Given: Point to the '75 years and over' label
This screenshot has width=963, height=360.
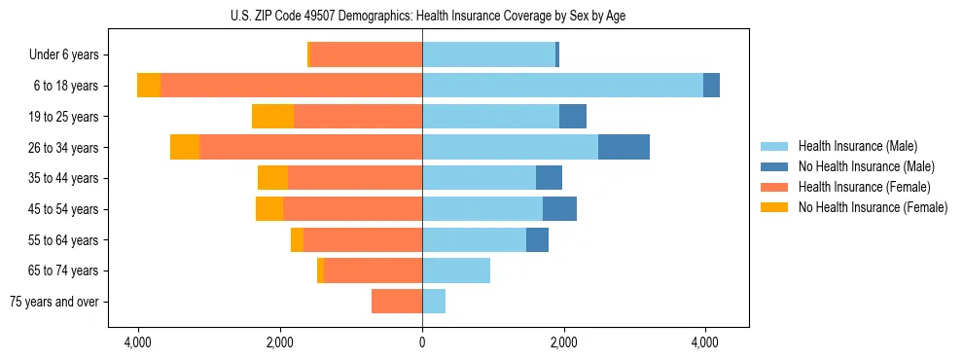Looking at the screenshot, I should [x=54, y=302].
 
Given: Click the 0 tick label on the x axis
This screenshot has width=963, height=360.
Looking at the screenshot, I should [x=422, y=342].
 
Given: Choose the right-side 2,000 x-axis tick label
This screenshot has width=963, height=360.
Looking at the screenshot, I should [x=563, y=342].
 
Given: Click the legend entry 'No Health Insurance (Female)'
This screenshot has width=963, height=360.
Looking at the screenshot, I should [x=873, y=207].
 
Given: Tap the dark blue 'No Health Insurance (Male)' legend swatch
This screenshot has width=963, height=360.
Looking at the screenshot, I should [x=775, y=166].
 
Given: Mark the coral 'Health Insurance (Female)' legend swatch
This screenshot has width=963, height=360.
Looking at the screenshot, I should [x=775, y=187].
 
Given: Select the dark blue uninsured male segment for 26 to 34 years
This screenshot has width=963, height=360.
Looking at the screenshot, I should [x=624, y=147].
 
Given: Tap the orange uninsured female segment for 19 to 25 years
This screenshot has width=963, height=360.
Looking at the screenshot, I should [x=272, y=117].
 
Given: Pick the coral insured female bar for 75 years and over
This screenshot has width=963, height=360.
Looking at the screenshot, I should [x=397, y=302].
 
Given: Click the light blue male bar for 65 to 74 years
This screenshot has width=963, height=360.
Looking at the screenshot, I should [x=456, y=270].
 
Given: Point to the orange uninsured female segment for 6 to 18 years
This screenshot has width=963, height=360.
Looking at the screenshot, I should [x=149, y=86].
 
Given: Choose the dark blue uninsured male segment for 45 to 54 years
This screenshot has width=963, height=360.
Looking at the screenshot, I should [x=559, y=209].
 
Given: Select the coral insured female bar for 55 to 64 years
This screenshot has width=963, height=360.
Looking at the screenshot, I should [x=363, y=240].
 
